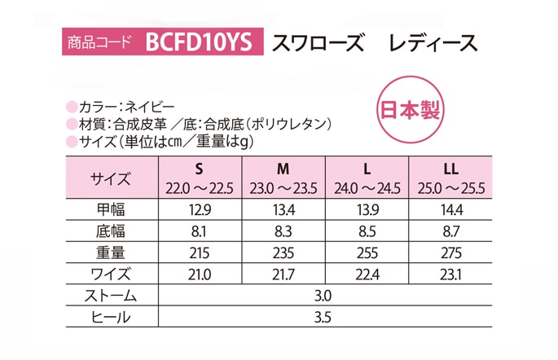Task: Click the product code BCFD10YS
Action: (x=199, y=42)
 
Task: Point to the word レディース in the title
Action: (x=433, y=42)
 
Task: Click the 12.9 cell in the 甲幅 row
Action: (x=199, y=210)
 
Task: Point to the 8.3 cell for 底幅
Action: (x=283, y=231)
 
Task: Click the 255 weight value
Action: (x=367, y=252)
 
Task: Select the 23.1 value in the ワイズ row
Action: (x=448, y=274)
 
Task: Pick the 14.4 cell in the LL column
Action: (x=448, y=210)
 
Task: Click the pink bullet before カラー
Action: (x=70, y=106)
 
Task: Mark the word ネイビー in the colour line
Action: (x=151, y=106)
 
